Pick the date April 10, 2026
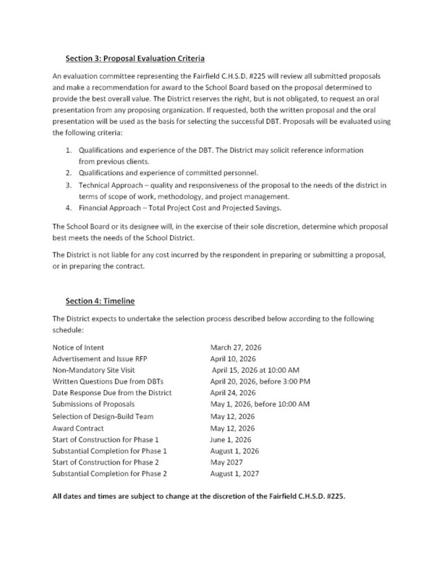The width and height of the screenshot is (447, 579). (233, 358)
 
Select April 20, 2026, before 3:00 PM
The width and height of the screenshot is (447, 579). (260, 381)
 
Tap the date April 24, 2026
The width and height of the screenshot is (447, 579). (233, 392)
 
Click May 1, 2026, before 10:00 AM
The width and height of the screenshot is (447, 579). (260, 404)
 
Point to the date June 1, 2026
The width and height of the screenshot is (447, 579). (232, 439)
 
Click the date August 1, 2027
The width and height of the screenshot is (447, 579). (235, 473)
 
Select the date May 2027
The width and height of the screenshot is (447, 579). (227, 462)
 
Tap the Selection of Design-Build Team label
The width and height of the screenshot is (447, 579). (103, 416)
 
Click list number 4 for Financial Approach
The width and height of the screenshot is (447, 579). (68, 208)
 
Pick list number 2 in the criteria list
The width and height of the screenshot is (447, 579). (68, 174)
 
